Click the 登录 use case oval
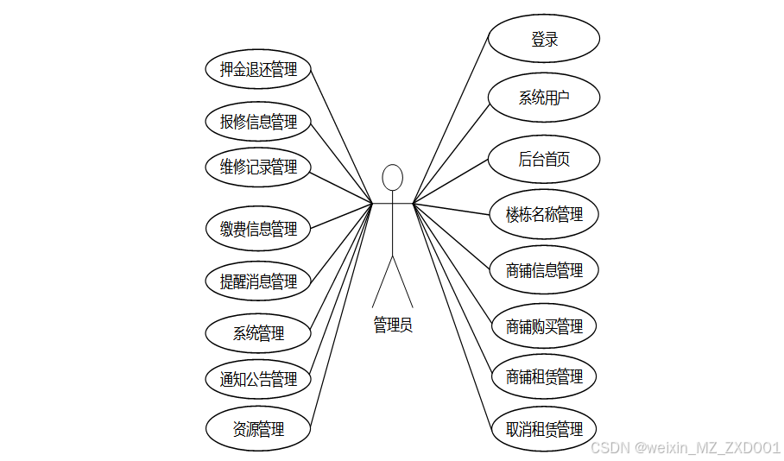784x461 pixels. (x=544, y=39)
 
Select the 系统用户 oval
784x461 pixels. (x=544, y=98)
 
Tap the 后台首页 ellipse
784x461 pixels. (x=544, y=159)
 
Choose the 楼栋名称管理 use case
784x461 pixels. (x=544, y=214)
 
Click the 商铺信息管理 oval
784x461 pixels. (x=544, y=270)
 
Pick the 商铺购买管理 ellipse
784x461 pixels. (x=544, y=326)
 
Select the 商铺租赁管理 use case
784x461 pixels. (x=544, y=377)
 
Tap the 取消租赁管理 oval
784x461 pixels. (x=544, y=429)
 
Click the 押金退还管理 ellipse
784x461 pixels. (x=258, y=69)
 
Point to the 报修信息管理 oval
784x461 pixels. (x=258, y=122)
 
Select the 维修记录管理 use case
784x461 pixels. (x=258, y=167)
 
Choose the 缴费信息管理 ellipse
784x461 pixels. (x=258, y=229)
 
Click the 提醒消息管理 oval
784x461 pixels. (x=258, y=281)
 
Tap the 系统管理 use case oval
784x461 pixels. (x=258, y=332)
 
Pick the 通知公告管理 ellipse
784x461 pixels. (x=258, y=379)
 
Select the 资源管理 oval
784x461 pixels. (x=258, y=429)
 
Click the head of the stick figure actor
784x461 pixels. (x=393, y=177)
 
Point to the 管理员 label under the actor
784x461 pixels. (x=393, y=325)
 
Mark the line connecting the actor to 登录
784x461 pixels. (x=451, y=122)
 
